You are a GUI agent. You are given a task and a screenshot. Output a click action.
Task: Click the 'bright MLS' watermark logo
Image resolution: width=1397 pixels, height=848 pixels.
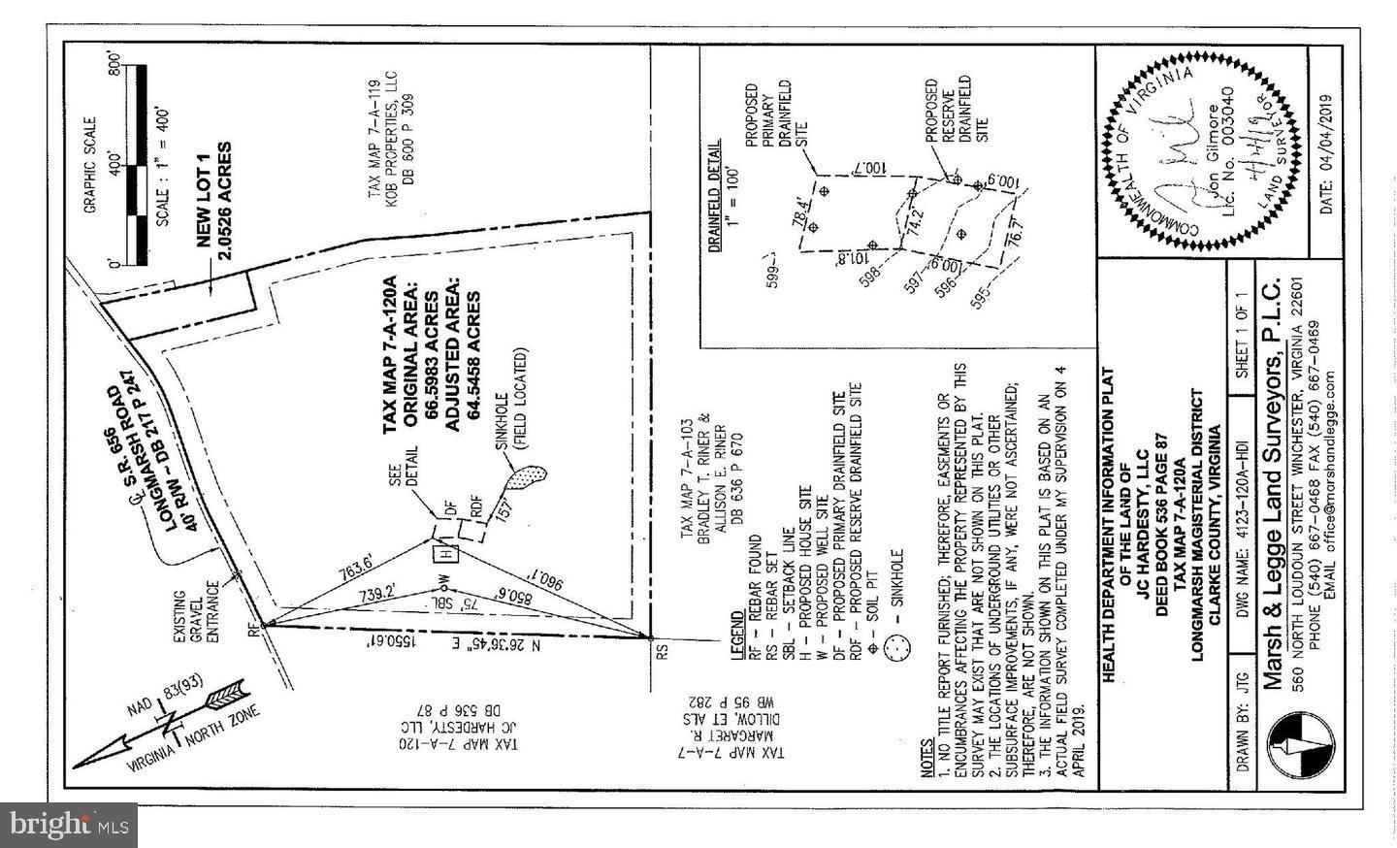[x=68, y=826]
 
